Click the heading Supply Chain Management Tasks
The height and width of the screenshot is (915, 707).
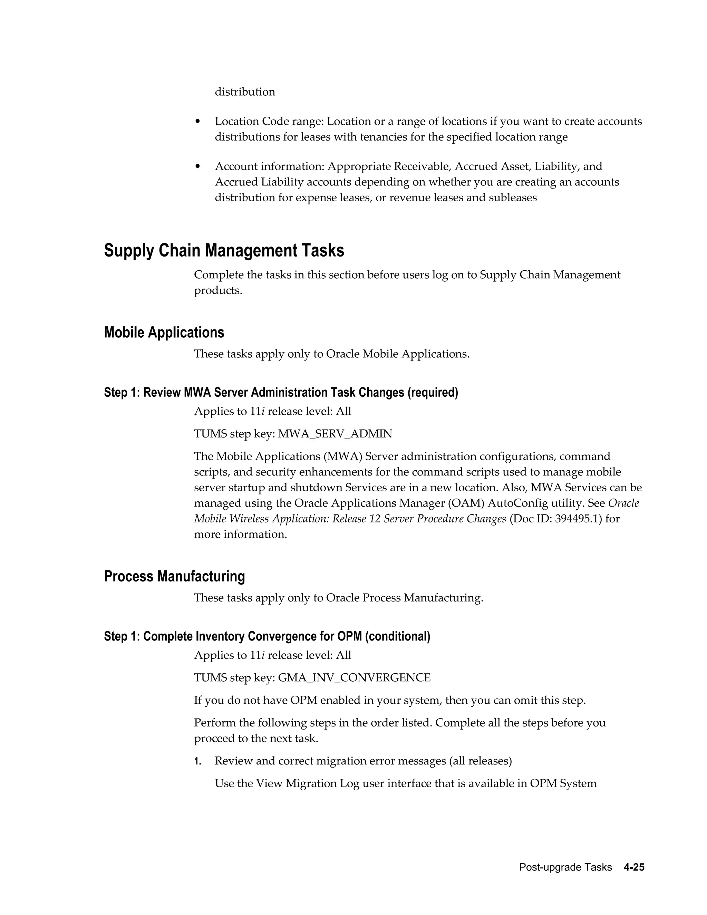[224, 251]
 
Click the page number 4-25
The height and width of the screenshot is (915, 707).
[634, 867]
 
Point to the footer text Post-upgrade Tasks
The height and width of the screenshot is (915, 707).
[565, 867]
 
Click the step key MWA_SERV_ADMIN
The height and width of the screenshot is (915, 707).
[335, 434]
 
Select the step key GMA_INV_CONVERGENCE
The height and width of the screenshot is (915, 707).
[354, 677]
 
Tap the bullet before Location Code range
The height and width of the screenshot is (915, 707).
[198, 122]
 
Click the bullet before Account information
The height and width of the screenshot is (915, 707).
[198, 167]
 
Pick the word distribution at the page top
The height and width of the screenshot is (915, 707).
[245, 92]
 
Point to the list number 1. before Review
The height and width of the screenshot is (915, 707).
[198, 761]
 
